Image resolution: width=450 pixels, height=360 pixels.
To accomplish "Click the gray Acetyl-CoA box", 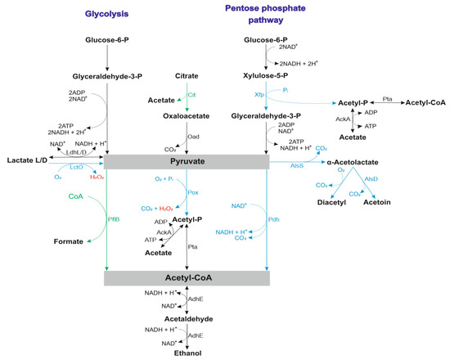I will point(187,278).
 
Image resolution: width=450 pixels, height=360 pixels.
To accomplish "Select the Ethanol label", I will point(187,353).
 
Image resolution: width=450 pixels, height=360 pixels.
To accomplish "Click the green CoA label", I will point(54,196).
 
